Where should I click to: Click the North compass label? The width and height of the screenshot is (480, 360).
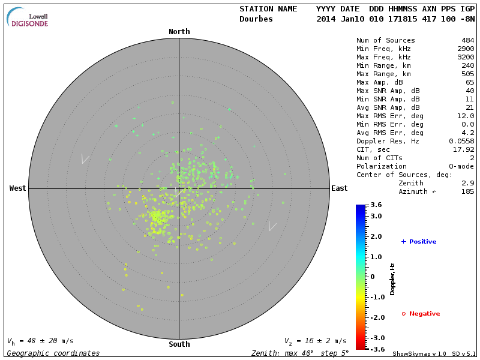coord(179,32)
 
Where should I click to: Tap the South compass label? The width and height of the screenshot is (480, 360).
coord(179,344)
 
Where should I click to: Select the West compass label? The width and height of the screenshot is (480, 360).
coord(17,188)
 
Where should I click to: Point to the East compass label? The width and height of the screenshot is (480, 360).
coord(339,188)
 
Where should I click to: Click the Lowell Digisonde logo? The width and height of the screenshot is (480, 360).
coord(28,17)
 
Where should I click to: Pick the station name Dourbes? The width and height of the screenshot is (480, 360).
coord(256,19)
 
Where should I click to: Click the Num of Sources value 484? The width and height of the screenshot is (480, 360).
coord(467,41)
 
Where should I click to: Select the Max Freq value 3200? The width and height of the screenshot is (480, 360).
coord(466,58)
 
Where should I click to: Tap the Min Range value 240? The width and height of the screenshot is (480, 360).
coord(467,66)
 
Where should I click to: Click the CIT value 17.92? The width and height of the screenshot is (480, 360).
coord(464,149)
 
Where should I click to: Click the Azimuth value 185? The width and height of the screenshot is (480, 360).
coord(467,191)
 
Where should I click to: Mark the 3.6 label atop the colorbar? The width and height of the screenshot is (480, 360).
coord(376,205)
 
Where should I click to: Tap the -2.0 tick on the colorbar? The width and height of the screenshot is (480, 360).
coord(376,317)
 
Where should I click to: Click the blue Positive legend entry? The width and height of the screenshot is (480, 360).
coord(419,242)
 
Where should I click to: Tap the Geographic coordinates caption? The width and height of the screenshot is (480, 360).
coord(53,353)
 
